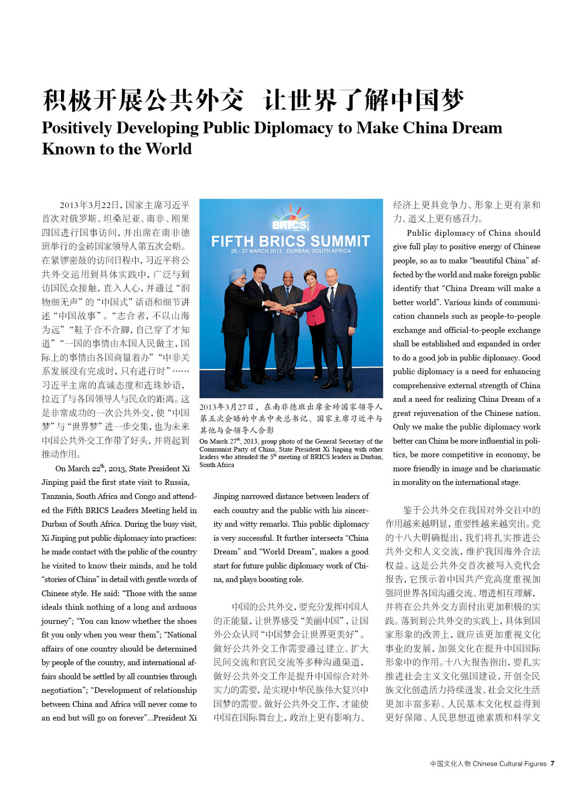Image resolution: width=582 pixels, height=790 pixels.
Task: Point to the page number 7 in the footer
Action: pyautogui.click(x=552, y=764)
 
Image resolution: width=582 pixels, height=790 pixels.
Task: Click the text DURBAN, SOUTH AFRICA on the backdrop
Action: pyautogui.click(x=319, y=251)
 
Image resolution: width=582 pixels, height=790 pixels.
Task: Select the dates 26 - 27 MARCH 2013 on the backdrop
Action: pyautogui.click(x=256, y=251)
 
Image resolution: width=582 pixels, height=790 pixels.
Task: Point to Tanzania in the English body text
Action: pyautogui.click(x=58, y=496)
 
